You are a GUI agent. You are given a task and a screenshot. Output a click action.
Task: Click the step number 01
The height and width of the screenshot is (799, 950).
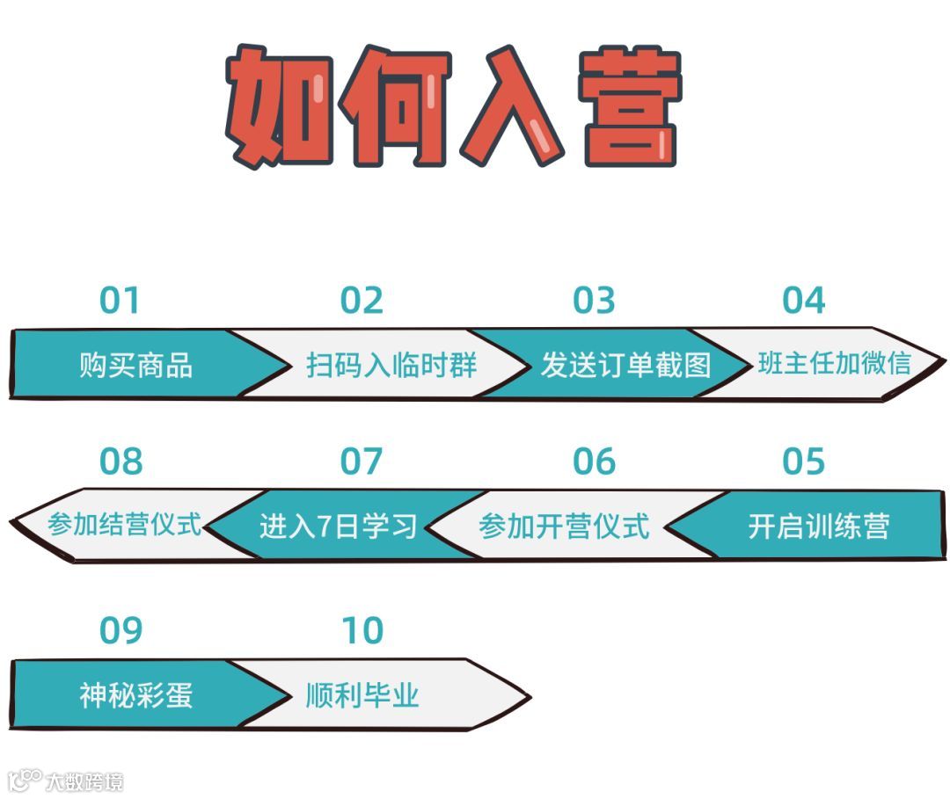(120, 301)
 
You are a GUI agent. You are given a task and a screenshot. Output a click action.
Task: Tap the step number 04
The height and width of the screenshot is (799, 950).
(804, 301)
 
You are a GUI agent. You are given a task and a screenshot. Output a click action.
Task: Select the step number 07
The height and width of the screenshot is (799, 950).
(362, 461)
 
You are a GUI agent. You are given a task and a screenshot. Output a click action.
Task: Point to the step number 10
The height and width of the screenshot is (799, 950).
(362, 630)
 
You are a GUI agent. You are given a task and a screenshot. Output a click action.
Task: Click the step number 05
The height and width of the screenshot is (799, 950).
(804, 461)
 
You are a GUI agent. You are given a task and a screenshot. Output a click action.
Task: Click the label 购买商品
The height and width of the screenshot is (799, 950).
(135, 365)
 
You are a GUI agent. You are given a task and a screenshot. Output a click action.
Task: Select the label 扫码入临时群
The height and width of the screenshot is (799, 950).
(391, 365)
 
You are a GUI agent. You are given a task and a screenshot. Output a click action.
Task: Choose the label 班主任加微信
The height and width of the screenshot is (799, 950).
(834, 363)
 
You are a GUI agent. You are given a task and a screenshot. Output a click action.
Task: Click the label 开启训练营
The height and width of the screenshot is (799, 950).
(818, 526)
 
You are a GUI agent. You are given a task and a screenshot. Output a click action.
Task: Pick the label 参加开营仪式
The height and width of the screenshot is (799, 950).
(564, 526)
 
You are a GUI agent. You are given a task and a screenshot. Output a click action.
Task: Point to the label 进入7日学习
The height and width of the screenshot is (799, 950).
(338, 526)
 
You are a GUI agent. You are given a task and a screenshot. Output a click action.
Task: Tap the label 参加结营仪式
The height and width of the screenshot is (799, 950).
(125, 525)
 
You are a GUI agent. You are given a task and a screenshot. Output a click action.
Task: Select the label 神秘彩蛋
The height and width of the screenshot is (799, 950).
(135, 695)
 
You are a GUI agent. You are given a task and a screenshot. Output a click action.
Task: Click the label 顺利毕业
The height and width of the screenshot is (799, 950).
(362, 695)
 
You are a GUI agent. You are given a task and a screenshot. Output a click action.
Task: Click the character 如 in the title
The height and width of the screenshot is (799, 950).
(274, 105)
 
